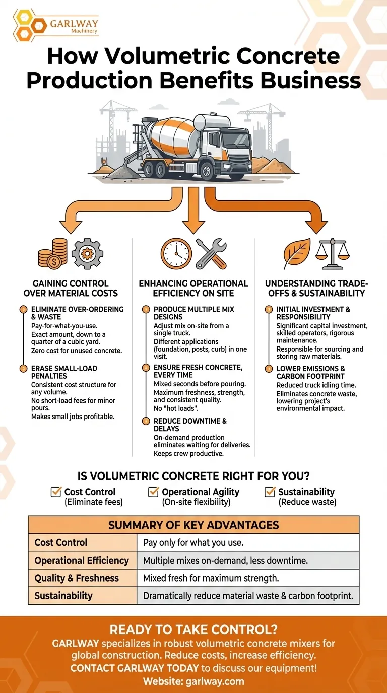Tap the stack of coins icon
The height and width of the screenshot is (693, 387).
[x=52, y=253]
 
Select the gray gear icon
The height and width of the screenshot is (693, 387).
[x=87, y=253]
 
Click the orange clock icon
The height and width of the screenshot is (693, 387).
[x=176, y=253]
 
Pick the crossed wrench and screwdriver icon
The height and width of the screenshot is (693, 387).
[x=211, y=253]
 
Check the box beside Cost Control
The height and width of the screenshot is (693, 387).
[x=56, y=492]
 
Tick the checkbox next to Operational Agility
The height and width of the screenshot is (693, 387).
[x=154, y=492]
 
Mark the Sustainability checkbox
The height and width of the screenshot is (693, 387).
[x=270, y=492]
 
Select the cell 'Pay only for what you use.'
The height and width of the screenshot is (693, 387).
[x=193, y=543]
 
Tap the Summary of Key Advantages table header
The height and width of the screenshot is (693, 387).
[x=193, y=525]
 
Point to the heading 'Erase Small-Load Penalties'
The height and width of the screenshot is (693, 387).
[x=64, y=372]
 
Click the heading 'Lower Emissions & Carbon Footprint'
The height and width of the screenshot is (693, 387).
[x=310, y=372]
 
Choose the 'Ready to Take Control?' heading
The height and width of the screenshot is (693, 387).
[x=193, y=629]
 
